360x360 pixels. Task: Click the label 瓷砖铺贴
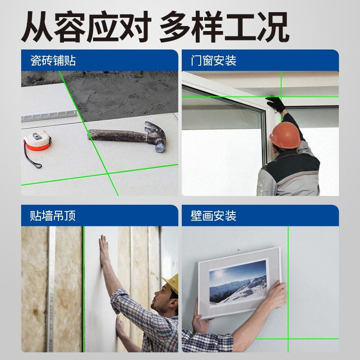[53, 60]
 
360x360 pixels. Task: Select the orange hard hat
[284, 134]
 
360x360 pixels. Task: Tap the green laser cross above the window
[281, 96]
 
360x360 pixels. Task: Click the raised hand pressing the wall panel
[104, 250]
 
